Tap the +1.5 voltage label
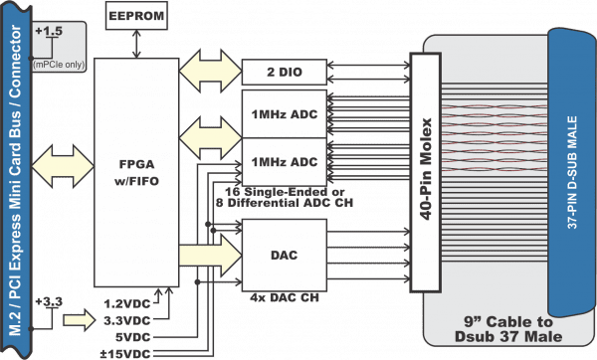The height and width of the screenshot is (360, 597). (x=47, y=33)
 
